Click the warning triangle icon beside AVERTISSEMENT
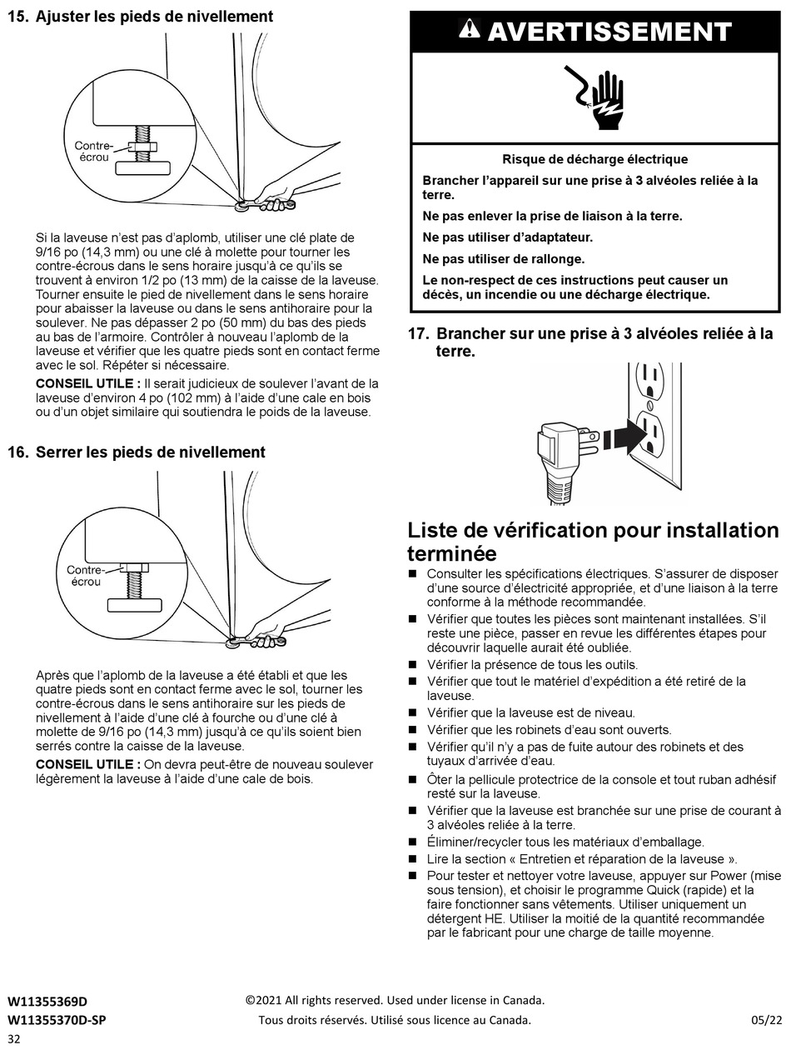click(470, 31)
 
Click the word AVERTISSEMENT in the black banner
click(609, 32)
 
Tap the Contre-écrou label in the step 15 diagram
click(93, 151)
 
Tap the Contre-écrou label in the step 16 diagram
click(85, 576)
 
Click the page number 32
click(15, 1039)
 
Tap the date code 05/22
click(763, 1020)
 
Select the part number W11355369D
click(47, 1001)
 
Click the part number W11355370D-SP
click(57, 1020)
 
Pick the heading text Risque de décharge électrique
click(594, 159)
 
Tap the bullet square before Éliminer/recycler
click(412, 842)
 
